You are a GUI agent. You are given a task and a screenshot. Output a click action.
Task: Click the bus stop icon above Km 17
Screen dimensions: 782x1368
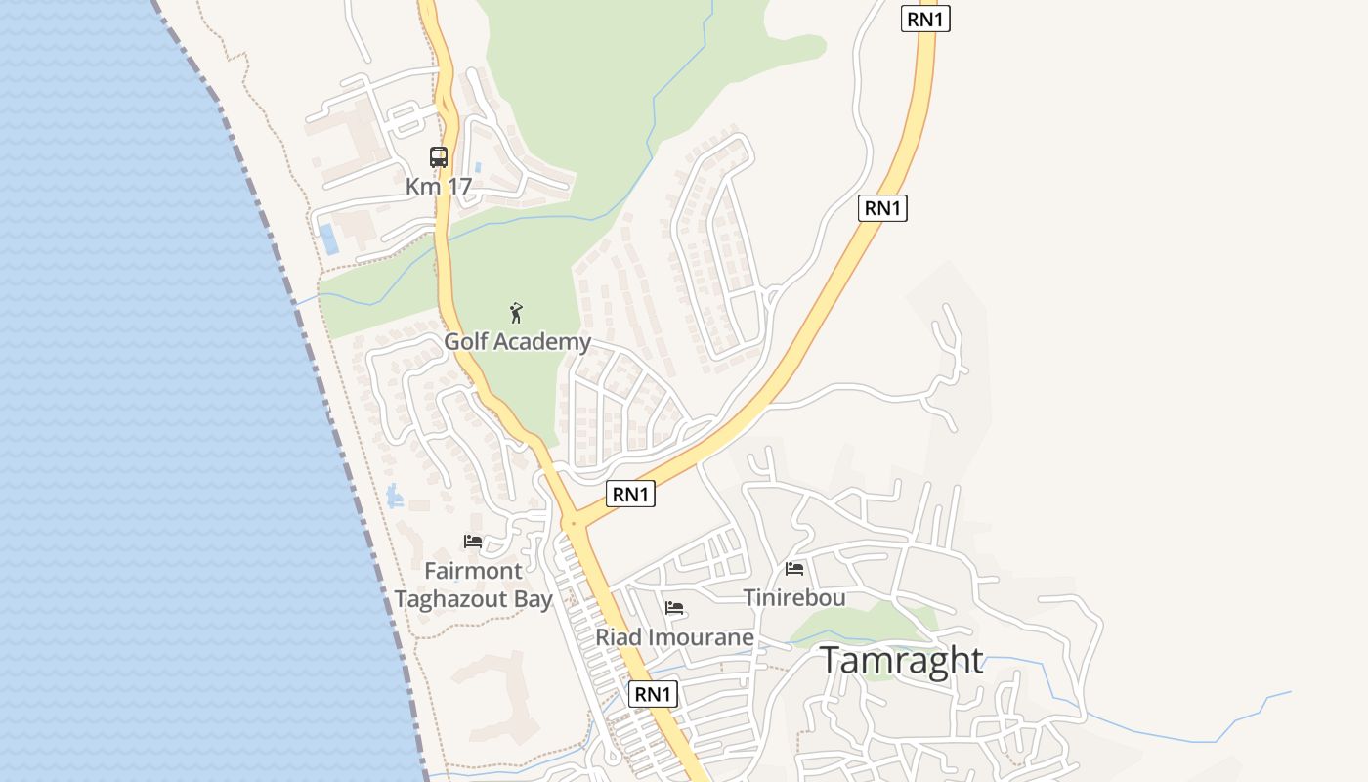tap(439, 156)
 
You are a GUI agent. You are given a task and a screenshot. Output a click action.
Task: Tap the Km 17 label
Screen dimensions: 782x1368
tap(439, 186)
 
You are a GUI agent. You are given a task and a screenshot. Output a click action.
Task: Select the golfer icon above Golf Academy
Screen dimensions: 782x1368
tap(517, 313)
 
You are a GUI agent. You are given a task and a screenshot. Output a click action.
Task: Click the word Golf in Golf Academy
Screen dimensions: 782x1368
tap(465, 342)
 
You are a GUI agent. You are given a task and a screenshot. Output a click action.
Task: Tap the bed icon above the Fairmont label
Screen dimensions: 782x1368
tap(473, 541)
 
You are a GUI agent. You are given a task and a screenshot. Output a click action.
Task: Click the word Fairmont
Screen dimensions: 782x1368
tap(473, 570)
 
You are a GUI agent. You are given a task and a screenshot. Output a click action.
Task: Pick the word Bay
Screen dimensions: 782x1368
tap(534, 599)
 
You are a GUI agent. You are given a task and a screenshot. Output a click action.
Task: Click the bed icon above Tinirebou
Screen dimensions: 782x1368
tap(794, 568)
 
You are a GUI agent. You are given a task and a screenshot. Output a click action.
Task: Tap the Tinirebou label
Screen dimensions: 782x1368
tap(794, 597)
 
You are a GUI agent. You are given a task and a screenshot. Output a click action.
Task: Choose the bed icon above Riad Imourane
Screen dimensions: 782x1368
tap(674, 607)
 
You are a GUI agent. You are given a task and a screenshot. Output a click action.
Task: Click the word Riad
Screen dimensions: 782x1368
tap(619, 638)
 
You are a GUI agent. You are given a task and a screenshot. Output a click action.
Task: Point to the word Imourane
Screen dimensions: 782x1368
tap(701, 638)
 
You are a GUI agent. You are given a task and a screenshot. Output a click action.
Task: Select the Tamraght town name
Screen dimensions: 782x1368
tap(901, 661)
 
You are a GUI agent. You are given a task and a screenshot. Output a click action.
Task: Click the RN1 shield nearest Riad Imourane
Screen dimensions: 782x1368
tap(653, 694)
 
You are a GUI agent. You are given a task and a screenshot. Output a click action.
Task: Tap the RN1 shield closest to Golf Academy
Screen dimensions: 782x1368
tap(630, 495)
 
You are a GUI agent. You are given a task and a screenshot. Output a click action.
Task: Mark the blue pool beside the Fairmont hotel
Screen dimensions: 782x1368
tap(395, 497)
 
